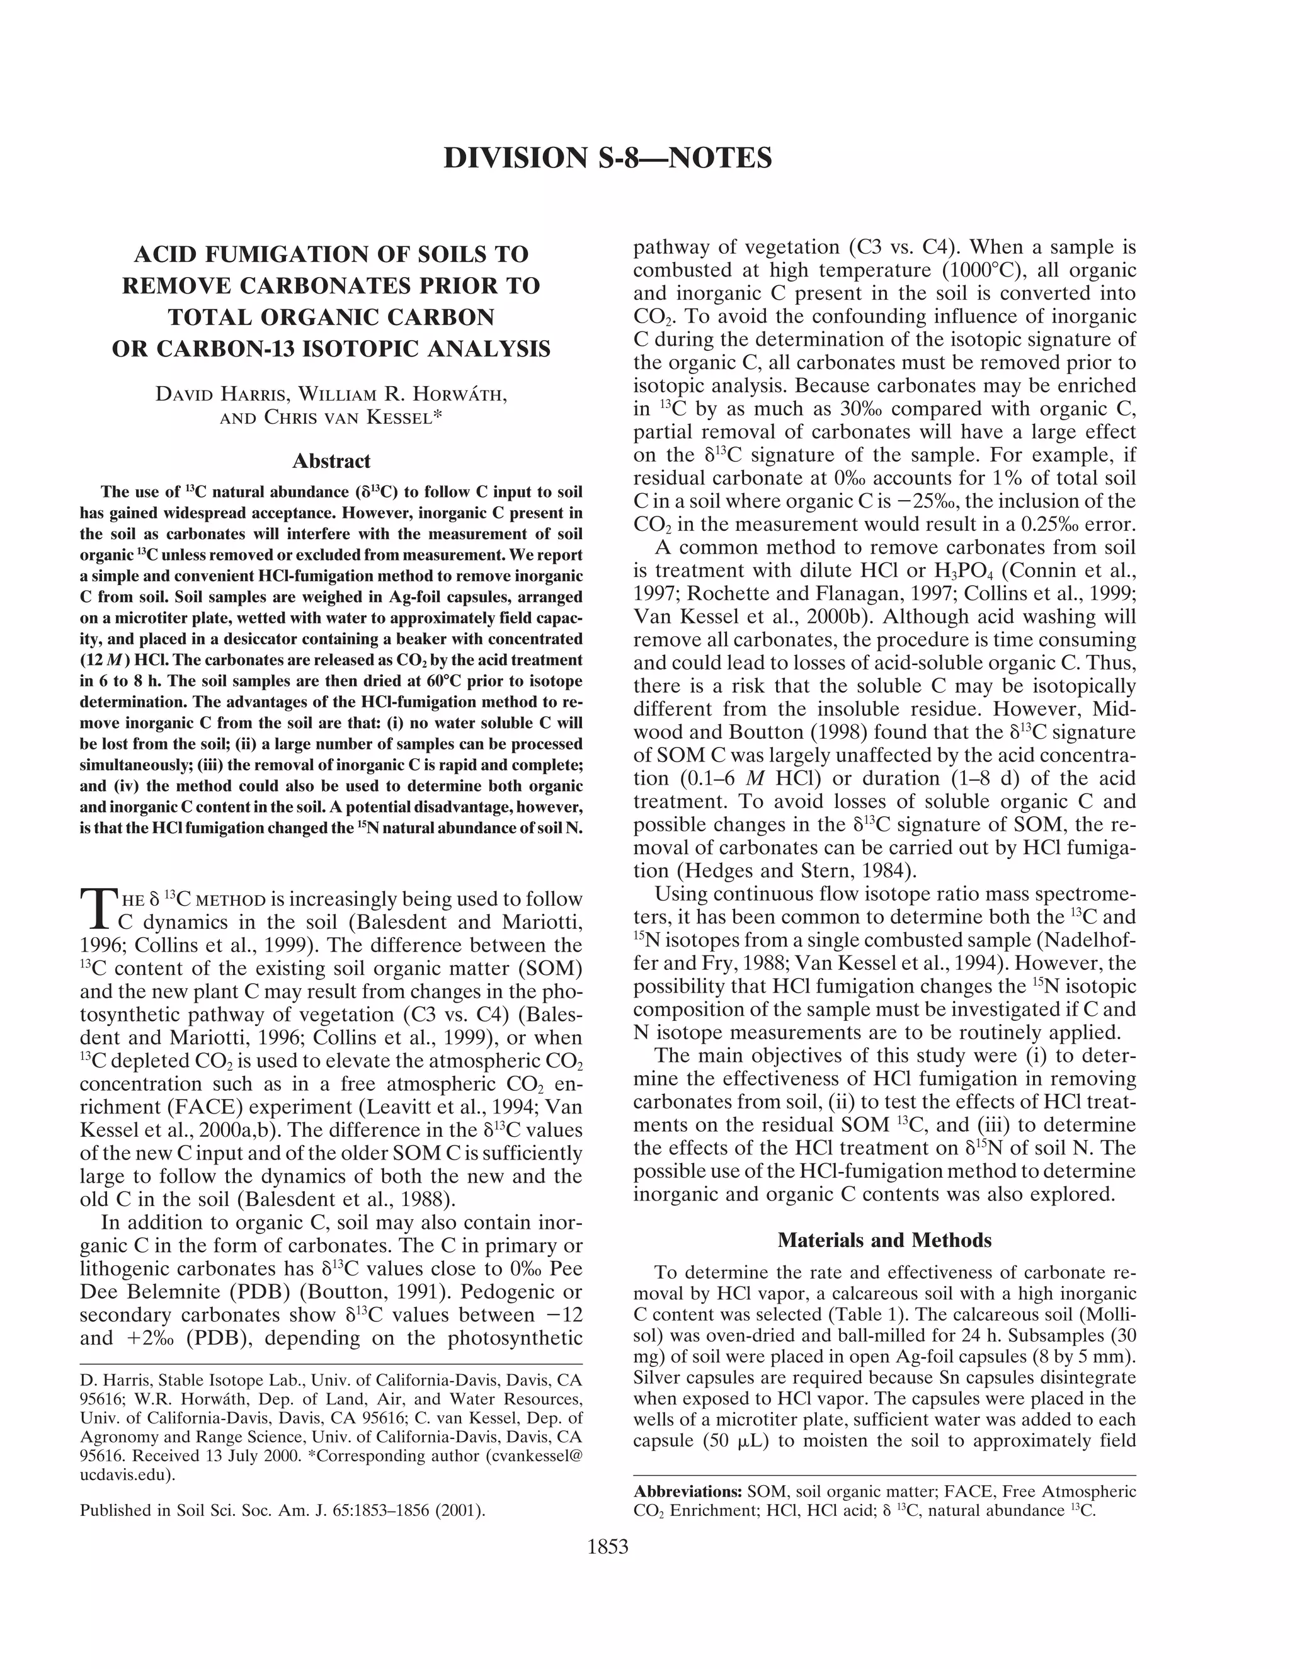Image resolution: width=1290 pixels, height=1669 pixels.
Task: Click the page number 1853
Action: pyautogui.click(x=608, y=1547)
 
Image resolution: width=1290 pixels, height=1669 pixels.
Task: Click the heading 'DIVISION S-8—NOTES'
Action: pyautogui.click(x=608, y=157)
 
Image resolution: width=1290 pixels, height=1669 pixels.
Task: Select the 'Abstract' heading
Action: pyautogui.click(x=331, y=461)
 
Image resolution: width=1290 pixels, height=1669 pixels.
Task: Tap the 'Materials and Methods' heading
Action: pyautogui.click(x=884, y=1239)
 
